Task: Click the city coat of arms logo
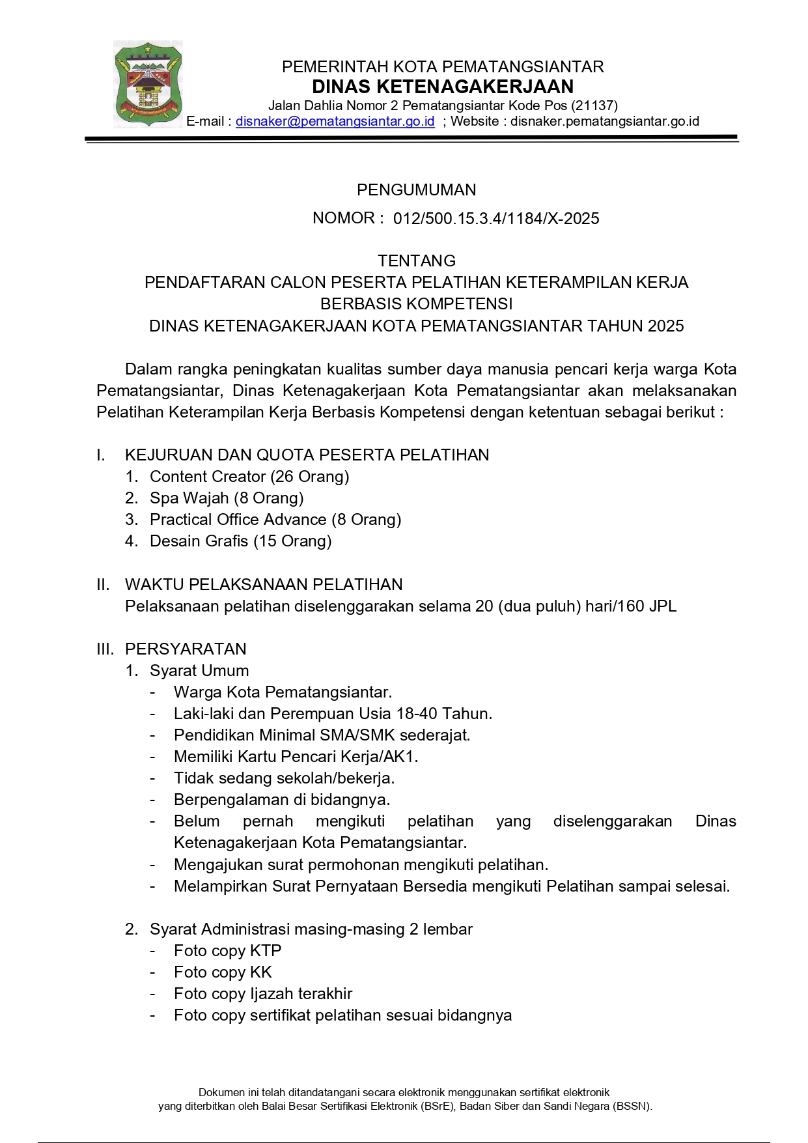coord(148,84)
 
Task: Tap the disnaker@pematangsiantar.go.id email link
coord(335,121)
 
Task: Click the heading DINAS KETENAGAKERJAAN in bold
coord(443,87)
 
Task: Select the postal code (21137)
coord(594,106)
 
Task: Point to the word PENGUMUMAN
coord(416,190)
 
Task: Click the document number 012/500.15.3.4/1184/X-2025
coord(496,219)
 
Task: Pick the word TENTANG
coord(416,261)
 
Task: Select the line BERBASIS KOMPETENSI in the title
coord(416,304)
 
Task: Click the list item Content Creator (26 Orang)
coord(249,477)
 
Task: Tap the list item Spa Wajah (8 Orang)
coord(227,498)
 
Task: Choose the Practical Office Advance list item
coord(275,520)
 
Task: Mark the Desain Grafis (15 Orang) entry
coord(240,541)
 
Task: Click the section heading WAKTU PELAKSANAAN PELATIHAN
coord(264,584)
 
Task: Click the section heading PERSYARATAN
coord(186,649)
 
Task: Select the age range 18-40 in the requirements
coord(417,714)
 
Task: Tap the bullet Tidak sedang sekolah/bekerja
coord(284,778)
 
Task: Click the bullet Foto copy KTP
coord(227,951)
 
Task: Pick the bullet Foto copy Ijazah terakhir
coord(262,994)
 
